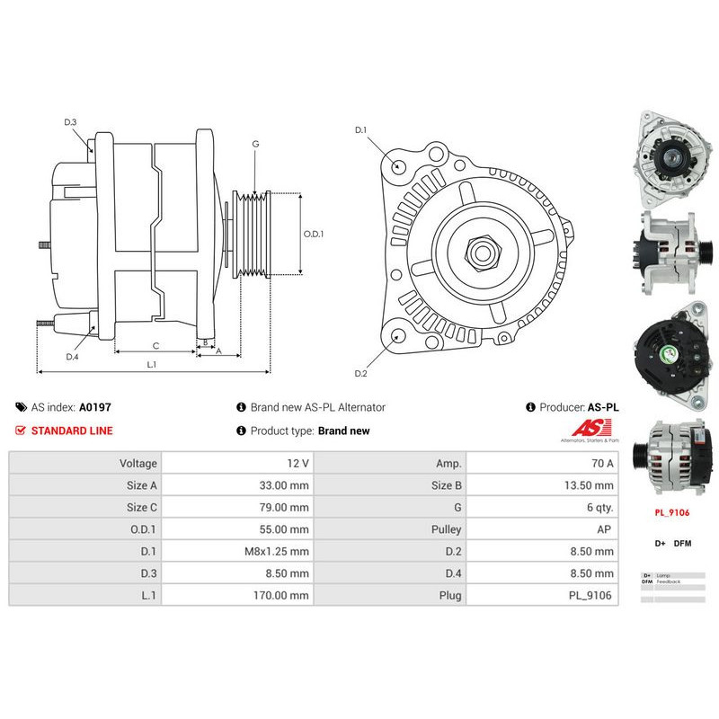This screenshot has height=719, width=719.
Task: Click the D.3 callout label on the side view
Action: [70, 122]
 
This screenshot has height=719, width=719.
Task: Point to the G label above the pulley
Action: [255, 144]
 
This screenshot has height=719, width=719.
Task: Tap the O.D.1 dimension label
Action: [313, 234]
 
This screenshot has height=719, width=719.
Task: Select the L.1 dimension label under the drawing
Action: [151, 364]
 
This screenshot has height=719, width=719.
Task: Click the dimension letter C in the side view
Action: [155, 345]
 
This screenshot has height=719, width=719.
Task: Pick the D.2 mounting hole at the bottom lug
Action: [398, 338]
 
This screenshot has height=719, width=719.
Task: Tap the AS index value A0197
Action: [94, 407]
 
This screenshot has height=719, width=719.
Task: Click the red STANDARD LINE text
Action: [72, 431]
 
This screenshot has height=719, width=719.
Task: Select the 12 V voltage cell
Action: [237, 464]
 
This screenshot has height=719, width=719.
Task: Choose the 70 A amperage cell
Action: [543, 464]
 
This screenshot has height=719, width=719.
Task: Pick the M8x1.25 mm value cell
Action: [237, 551]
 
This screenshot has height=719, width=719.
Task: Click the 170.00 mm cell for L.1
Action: [237, 595]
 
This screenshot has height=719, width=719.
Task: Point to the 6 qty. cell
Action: [543, 508]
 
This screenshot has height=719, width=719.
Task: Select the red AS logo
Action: [586, 428]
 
